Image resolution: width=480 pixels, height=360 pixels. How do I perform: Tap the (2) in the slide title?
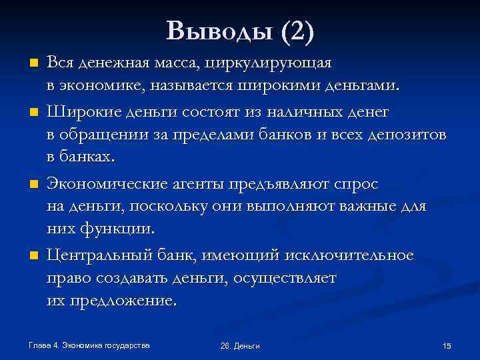(x=297, y=31)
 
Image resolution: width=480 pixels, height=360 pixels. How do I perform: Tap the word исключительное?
(x=349, y=255)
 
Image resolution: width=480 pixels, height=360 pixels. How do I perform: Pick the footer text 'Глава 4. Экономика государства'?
(x=88, y=345)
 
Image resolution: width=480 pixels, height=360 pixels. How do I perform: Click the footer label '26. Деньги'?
(x=239, y=346)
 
